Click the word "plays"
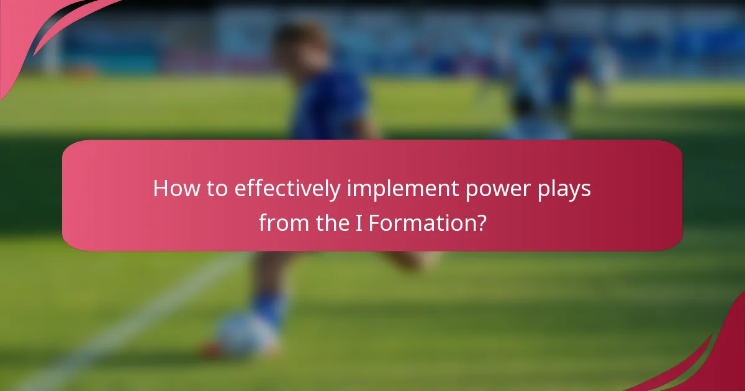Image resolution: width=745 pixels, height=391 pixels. tap(567, 189)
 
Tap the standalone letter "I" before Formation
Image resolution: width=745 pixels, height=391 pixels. tap(358, 222)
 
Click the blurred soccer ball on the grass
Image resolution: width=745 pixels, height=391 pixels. tap(244, 335)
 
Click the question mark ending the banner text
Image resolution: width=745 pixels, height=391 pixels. tap(480, 222)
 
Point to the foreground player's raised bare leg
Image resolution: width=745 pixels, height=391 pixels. tap(404, 261)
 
